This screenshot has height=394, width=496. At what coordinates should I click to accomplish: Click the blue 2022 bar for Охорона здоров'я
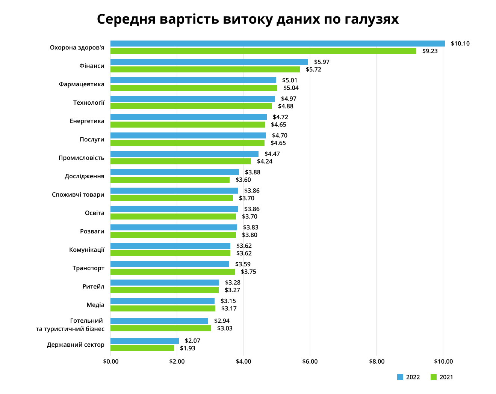click(277, 44)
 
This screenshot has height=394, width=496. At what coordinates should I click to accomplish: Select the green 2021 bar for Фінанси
click(205, 69)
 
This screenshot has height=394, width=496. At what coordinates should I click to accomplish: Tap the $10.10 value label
click(460, 44)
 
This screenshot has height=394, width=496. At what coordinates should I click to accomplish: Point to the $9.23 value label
click(430, 51)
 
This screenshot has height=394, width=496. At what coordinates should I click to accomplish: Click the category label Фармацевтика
click(82, 84)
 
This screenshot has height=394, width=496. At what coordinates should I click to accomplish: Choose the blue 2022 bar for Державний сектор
click(145, 341)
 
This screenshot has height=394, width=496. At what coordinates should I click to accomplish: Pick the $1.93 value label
click(188, 348)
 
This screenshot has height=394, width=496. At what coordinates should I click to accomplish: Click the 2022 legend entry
click(408, 377)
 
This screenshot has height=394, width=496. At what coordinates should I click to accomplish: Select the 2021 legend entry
click(442, 377)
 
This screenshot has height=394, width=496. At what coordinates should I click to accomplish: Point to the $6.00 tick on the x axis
click(310, 362)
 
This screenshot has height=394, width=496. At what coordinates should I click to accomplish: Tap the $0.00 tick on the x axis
click(110, 362)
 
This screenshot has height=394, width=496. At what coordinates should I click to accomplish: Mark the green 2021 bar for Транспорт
click(172, 272)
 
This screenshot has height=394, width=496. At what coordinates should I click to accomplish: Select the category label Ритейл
click(93, 286)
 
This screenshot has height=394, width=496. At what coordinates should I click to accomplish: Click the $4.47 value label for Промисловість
click(272, 154)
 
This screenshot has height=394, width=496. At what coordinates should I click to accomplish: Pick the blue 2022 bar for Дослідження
click(175, 172)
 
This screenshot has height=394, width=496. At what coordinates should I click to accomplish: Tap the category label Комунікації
click(87, 250)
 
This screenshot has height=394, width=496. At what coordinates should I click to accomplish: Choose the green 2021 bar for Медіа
click(163, 308)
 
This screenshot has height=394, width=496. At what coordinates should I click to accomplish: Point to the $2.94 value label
click(222, 321)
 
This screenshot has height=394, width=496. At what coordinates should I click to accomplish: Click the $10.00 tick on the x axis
click(443, 362)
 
